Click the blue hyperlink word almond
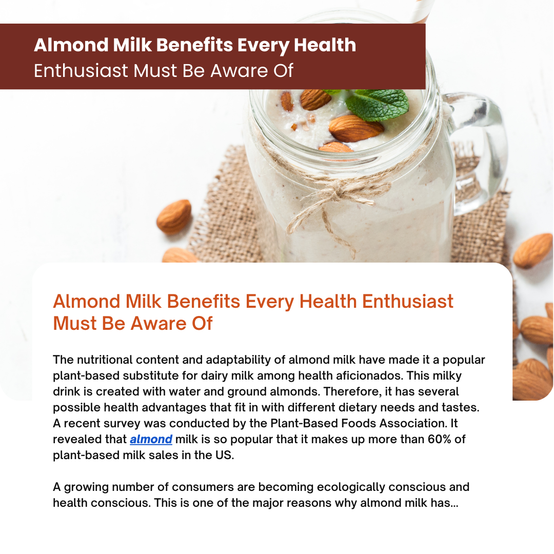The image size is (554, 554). (151, 439)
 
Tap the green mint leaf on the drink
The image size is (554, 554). (378, 104)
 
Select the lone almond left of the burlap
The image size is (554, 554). (174, 216)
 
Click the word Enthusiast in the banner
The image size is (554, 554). (81, 71)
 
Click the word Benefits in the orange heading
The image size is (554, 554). (204, 302)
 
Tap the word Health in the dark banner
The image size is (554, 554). (325, 45)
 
